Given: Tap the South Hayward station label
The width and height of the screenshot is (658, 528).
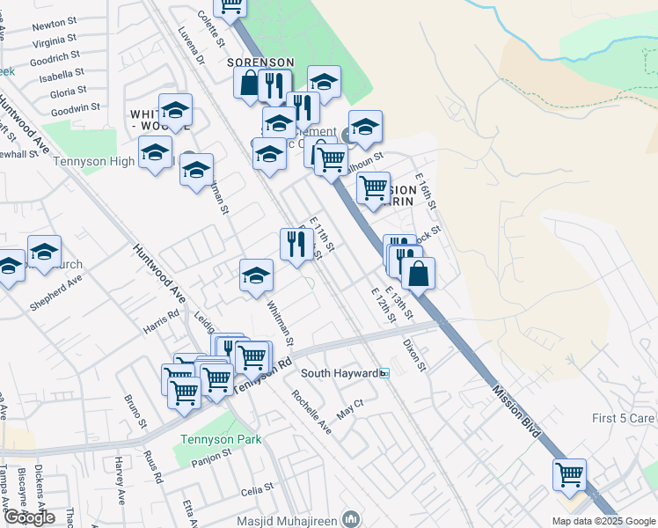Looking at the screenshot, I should tap(342, 373).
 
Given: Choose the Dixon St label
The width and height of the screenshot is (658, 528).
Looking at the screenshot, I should tap(414, 355).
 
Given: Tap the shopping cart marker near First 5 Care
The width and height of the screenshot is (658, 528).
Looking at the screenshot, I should tap(569, 475).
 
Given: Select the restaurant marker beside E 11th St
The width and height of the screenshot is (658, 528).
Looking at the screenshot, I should tap(296, 244).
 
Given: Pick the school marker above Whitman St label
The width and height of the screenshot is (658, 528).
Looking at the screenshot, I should tap(256, 275).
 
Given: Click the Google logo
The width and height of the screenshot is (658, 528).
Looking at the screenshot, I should tap(28, 517).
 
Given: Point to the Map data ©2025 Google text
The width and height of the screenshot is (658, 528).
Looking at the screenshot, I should tap(603, 520).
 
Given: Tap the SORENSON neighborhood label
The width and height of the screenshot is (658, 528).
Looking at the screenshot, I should tap(260, 62).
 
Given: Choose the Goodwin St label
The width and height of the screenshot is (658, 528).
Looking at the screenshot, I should tap(75, 108).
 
